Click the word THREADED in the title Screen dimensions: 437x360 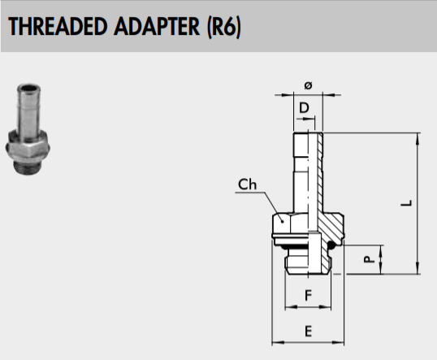[58, 27]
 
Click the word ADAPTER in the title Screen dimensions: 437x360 [157, 27]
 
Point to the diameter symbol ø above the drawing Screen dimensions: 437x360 [308, 85]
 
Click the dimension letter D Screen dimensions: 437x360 [304, 107]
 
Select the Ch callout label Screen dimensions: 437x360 [247, 184]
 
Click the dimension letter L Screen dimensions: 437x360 [407, 203]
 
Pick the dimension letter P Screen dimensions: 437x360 [369, 259]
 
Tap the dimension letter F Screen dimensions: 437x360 [308, 295]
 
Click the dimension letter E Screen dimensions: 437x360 [308, 332]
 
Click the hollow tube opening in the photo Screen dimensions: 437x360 [28, 89]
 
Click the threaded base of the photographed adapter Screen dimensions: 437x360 [28, 167]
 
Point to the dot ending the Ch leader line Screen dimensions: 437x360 [283, 222]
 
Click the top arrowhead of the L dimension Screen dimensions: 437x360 [418, 138]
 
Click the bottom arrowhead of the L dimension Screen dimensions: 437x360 [418, 268]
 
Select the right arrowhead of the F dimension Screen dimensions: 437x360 [325, 306]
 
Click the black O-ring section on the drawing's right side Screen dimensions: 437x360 [331, 245]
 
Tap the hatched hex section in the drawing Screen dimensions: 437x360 [331, 227]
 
